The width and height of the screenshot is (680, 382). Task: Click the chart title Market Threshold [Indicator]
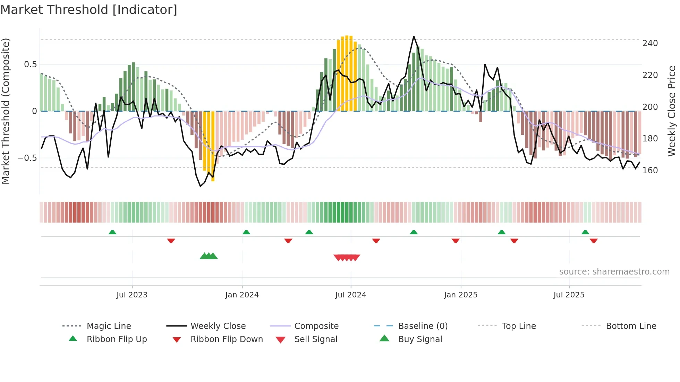tap(89, 10)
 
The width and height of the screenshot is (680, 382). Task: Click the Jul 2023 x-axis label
tap(132, 295)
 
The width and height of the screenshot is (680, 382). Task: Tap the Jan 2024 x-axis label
tap(242, 295)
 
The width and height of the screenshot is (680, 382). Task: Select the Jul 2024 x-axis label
tap(350, 295)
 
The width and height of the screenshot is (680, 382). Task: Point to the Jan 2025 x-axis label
tap(460, 295)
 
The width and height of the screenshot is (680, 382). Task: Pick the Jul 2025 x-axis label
tap(569, 295)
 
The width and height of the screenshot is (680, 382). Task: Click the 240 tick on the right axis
tap(650, 43)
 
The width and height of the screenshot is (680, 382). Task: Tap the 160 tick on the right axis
tap(650, 171)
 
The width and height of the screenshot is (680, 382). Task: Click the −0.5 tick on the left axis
tap(27, 158)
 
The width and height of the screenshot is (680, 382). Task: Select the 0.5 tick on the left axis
tap(30, 64)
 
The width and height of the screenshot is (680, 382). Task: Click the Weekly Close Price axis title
tap(672, 111)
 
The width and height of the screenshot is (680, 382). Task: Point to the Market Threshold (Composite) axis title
tap(6, 111)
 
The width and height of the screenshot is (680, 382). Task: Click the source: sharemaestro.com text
tap(614, 272)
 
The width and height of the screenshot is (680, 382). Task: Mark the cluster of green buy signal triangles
tap(209, 256)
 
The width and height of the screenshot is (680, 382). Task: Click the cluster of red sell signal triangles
tap(347, 258)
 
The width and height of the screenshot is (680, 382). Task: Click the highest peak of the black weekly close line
tap(414, 36)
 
